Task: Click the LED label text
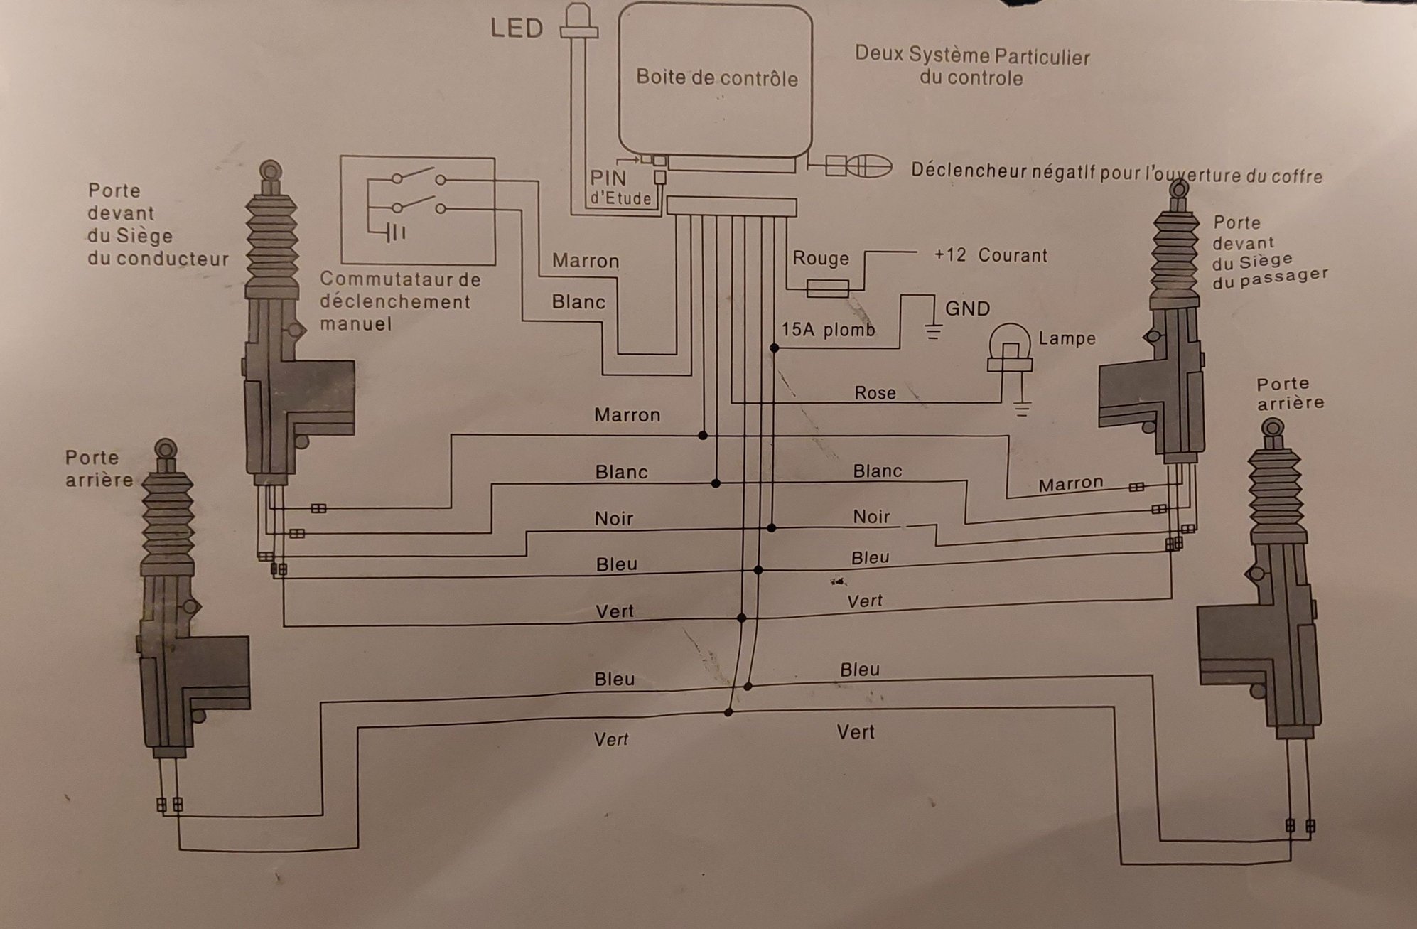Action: (517, 28)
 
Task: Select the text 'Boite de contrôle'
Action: (716, 77)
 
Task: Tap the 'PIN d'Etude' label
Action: (620, 188)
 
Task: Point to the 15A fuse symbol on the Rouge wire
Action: (828, 288)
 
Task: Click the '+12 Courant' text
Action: (990, 255)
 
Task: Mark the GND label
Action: (967, 308)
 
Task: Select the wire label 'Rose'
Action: (875, 393)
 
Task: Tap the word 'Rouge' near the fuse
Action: (821, 258)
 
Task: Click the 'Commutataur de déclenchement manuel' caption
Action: (400, 301)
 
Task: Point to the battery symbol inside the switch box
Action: (395, 232)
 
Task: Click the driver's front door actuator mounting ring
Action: (271, 171)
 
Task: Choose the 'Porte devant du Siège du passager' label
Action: (1268, 253)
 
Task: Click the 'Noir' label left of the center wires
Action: (613, 519)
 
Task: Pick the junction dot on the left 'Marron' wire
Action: (703, 435)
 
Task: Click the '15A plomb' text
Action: (828, 330)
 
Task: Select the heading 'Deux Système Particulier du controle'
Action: (971, 66)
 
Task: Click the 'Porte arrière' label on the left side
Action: (99, 468)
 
